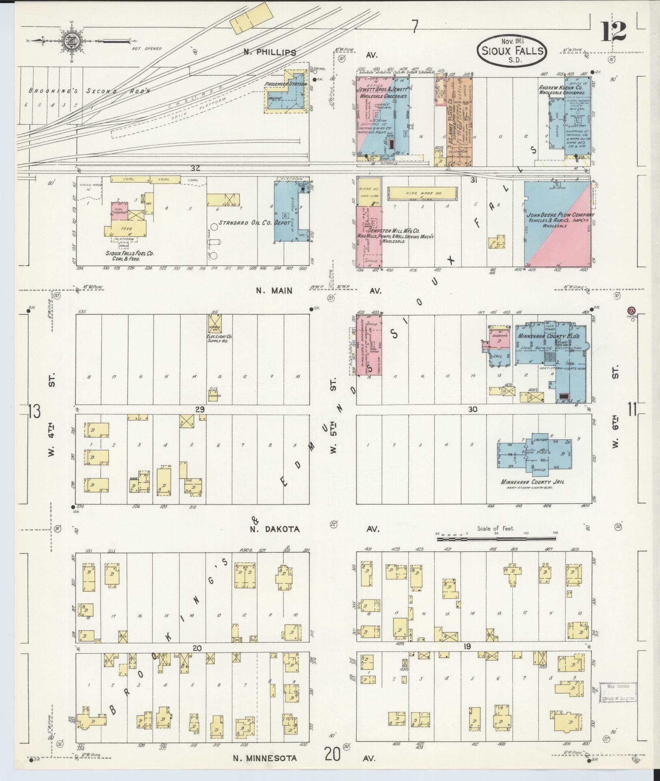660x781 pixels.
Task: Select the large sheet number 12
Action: [613, 31]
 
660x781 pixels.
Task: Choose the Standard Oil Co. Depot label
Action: [255, 223]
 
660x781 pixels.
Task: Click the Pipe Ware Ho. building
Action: [422, 193]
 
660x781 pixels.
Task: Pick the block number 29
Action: [199, 409]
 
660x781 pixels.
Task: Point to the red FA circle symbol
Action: [631, 310]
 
